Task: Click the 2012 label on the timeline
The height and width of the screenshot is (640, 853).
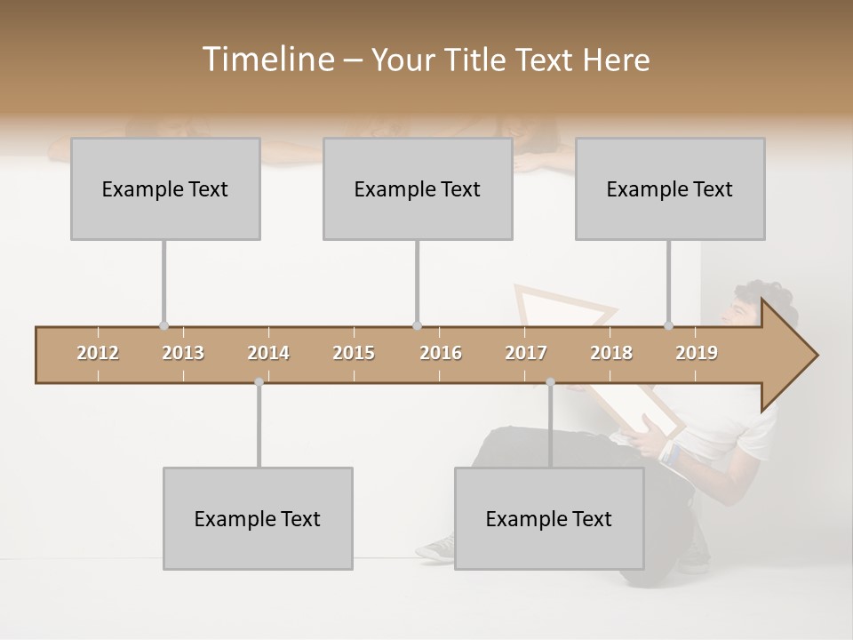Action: (98, 353)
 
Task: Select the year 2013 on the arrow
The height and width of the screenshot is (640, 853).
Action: (183, 353)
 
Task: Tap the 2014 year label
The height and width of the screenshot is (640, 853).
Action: (268, 353)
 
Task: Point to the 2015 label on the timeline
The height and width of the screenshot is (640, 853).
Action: (354, 353)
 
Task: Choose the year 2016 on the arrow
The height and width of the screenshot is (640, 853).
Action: (441, 353)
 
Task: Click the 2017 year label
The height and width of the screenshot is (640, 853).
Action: (526, 353)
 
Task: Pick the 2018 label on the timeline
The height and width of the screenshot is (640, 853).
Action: (611, 353)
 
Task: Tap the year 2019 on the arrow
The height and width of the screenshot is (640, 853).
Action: (697, 353)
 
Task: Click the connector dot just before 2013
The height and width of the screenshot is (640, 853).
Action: (163, 326)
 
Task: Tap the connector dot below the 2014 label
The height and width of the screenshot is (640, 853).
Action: (259, 382)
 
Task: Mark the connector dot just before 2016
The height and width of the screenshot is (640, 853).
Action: (417, 326)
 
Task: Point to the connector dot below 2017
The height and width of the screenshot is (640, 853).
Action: (550, 382)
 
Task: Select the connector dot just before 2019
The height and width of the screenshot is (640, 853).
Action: (668, 326)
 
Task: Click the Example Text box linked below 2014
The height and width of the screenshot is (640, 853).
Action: (258, 518)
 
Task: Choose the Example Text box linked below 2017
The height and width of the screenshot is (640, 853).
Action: (549, 518)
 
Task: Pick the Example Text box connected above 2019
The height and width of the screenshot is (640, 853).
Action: (670, 188)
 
